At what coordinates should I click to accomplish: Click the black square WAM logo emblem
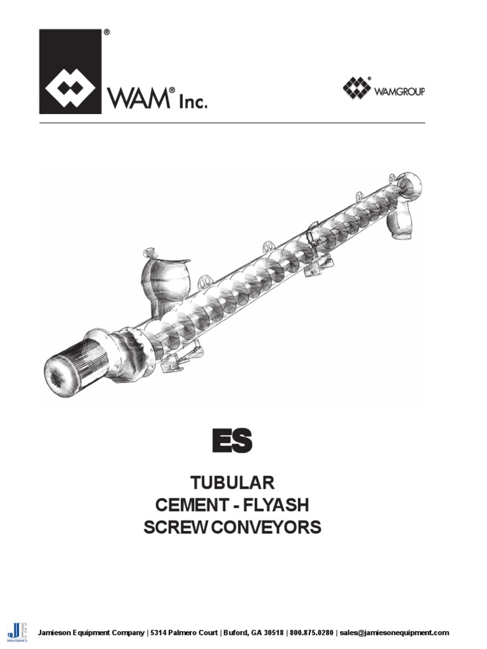tap(70, 71)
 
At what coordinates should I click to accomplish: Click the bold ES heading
tap(231, 440)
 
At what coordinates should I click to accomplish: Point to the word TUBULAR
tap(232, 483)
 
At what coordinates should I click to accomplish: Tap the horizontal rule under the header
tap(232, 122)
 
